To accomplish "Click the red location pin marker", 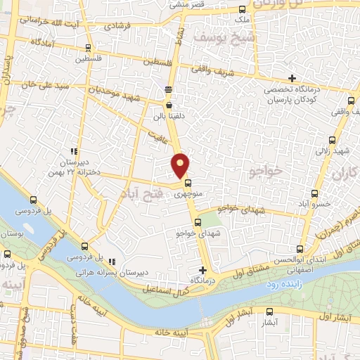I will pyautogui.click(x=181, y=166).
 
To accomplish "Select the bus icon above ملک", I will pyautogui.click(x=243, y=10).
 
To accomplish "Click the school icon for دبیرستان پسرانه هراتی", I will pyautogui.click(x=112, y=262).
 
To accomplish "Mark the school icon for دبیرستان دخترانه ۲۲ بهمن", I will pyautogui.click(x=73, y=151).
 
